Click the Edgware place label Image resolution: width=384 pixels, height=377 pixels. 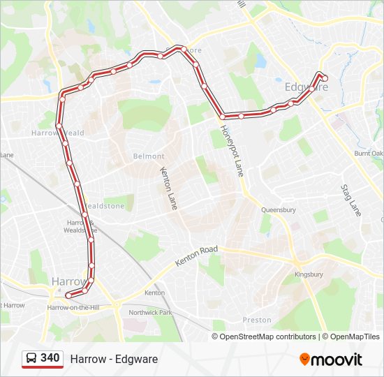pyautogui.click(x=306, y=87)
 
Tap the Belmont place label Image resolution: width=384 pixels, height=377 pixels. pyautogui.click(x=149, y=156)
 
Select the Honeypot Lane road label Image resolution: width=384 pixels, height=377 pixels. pyautogui.click(x=232, y=150)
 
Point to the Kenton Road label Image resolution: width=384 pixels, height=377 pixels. pyautogui.click(x=196, y=256)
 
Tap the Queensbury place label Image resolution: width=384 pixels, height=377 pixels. pyautogui.click(x=278, y=209)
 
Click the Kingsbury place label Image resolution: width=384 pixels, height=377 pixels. pyautogui.click(x=309, y=274)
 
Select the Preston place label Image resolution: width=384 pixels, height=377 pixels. pyautogui.click(x=257, y=320)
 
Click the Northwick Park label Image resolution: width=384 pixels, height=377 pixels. pyautogui.click(x=150, y=312)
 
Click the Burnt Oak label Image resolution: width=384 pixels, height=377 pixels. pyautogui.click(x=368, y=153)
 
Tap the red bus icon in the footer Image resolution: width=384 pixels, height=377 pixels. pyautogui.click(x=31, y=359)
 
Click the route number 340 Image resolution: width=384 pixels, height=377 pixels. pyautogui.click(x=50, y=358)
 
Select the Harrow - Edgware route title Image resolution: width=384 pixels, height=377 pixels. pyautogui.click(x=114, y=359)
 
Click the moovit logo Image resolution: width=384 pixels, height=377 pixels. pyautogui.click(x=331, y=360)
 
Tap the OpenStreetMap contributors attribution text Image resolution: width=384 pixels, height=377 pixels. pyautogui.click(x=267, y=337)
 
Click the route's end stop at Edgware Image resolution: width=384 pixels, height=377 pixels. pyautogui.click(x=325, y=78)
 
